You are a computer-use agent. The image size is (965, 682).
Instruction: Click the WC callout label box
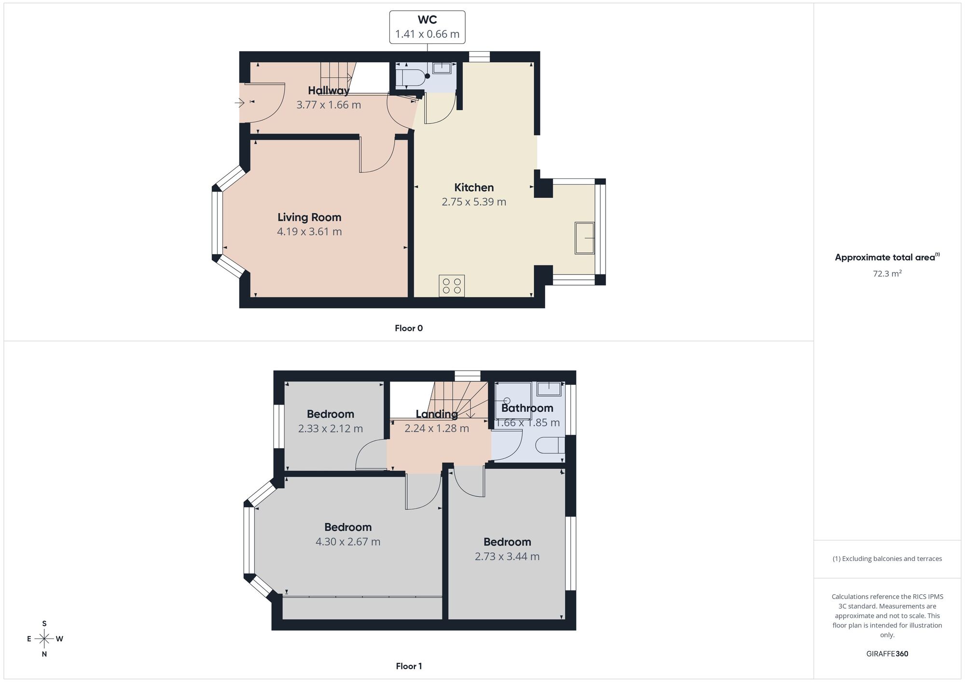(x=427, y=27)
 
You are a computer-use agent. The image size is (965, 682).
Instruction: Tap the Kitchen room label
(x=474, y=188)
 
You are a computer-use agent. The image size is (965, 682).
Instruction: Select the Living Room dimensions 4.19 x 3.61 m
(x=309, y=232)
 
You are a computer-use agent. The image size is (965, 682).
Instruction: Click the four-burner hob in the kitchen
(x=452, y=286)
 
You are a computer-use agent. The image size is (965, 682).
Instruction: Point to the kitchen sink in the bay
(x=584, y=238)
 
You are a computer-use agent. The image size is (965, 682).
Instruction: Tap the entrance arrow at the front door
(x=239, y=102)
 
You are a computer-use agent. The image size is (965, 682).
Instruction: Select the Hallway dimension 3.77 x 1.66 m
(x=329, y=105)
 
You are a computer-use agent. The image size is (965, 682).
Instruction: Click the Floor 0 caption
(x=409, y=328)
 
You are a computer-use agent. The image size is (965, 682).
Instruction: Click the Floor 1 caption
(x=409, y=666)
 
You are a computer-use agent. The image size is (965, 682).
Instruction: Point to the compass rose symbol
(x=44, y=639)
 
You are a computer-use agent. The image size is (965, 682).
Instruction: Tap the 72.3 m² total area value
(x=887, y=273)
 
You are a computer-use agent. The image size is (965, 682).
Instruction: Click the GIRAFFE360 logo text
(x=887, y=654)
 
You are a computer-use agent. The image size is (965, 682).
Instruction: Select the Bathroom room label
(x=527, y=408)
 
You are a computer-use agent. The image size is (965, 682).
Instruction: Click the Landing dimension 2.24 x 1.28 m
(x=437, y=428)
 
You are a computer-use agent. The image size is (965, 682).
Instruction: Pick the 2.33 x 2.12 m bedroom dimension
(x=331, y=428)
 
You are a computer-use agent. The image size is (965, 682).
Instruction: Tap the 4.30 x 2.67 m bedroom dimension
(x=348, y=542)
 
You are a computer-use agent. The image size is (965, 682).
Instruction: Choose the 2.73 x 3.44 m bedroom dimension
(x=507, y=556)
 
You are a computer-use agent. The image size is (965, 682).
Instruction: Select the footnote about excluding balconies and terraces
(x=887, y=559)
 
